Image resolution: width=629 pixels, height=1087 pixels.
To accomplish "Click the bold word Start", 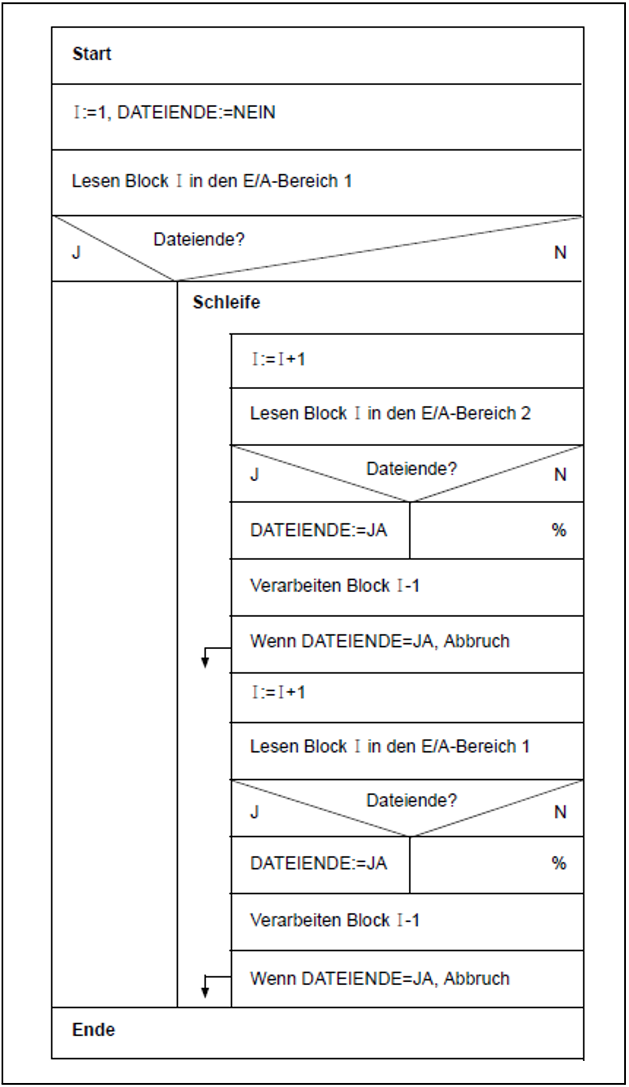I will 92,54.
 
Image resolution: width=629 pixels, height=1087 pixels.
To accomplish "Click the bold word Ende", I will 94,1030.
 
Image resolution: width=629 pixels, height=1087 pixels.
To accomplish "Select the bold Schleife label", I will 226,302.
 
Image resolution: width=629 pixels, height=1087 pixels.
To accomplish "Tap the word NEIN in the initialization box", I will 254,112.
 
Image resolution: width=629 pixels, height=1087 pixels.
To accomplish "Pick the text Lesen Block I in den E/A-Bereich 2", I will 390,413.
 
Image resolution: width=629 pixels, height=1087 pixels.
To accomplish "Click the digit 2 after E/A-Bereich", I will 525,413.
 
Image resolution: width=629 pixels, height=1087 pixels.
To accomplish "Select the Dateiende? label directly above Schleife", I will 199,240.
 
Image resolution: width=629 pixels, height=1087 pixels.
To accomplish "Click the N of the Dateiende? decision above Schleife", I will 560,253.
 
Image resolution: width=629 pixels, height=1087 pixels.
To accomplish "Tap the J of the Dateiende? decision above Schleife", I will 76,253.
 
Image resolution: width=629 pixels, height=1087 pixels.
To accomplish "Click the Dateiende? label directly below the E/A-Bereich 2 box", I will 412,469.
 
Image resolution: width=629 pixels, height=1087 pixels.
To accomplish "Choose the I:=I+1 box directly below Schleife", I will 406,360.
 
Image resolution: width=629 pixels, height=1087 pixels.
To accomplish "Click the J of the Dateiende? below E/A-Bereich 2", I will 254,475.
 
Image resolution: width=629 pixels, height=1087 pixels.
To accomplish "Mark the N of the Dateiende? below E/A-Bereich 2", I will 560,475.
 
